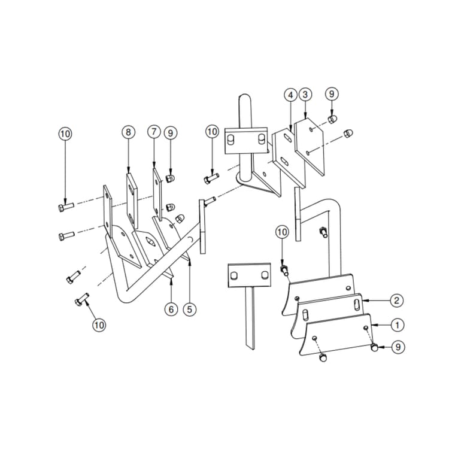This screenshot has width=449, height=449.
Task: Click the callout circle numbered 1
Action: click(x=396, y=324)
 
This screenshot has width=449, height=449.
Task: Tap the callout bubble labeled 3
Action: click(x=305, y=95)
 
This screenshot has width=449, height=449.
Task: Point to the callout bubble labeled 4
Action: click(x=290, y=95)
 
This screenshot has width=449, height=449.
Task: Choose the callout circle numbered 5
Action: click(x=189, y=309)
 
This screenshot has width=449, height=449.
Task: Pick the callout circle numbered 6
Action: click(x=172, y=309)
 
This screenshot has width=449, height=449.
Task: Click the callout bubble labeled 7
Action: click(x=154, y=132)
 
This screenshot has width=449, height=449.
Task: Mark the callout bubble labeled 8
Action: click(x=128, y=132)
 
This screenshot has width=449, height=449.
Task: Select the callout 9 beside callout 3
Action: click(x=332, y=93)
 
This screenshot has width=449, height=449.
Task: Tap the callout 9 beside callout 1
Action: click(x=396, y=346)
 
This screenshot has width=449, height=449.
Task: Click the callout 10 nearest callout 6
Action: click(x=99, y=324)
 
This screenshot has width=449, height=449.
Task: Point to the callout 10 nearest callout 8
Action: click(x=65, y=133)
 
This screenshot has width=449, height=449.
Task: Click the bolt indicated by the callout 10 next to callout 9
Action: click(x=212, y=178)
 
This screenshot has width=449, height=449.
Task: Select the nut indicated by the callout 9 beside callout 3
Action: click(x=332, y=119)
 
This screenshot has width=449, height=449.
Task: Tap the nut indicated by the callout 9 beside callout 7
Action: click(x=170, y=178)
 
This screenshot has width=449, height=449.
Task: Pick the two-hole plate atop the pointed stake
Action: click(x=248, y=276)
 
